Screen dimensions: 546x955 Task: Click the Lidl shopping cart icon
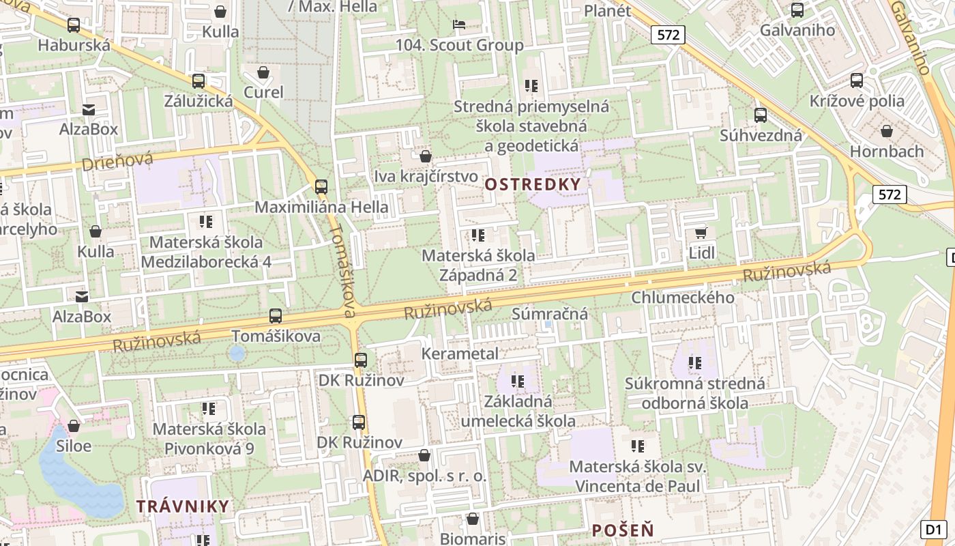point(701,233)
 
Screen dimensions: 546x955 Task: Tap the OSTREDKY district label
point(533,184)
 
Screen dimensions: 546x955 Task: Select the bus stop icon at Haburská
point(74,26)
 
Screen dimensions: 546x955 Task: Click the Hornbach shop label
point(886,151)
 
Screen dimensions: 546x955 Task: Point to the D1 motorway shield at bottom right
point(934,529)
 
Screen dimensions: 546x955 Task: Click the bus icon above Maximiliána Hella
point(321,186)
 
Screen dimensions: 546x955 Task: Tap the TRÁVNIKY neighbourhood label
point(183,506)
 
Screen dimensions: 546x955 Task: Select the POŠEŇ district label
point(622,530)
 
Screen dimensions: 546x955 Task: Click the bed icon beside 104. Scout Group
point(459,25)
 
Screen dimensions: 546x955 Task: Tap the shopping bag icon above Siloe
point(74,426)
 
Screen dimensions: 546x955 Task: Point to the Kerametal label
point(460,354)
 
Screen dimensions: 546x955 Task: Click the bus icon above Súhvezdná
point(760,115)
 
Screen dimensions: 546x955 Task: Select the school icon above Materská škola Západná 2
point(478,235)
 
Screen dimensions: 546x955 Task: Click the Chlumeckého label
point(682,298)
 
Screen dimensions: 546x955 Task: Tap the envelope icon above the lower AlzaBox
point(82,296)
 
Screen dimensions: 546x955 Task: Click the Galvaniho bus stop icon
point(797,10)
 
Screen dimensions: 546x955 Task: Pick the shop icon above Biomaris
point(473,519)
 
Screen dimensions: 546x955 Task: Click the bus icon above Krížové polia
point(857,81)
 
